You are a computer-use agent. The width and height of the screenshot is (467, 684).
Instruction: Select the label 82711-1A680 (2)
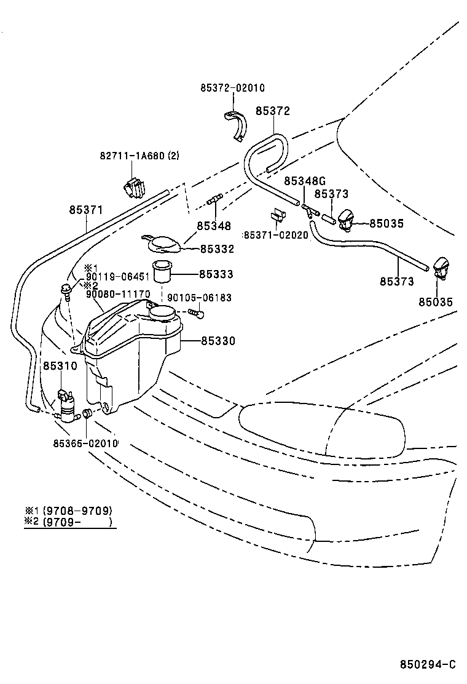139,156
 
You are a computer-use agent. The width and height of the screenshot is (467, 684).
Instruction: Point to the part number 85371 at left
85,210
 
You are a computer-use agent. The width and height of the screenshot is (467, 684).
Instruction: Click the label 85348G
304,181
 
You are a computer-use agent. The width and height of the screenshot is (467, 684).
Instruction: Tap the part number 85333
216,274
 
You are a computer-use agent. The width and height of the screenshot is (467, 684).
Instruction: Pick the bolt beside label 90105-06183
196,313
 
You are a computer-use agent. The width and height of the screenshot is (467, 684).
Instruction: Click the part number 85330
218,341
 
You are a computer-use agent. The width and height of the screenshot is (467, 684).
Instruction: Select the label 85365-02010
85,443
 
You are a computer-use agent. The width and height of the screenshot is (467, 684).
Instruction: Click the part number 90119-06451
117,277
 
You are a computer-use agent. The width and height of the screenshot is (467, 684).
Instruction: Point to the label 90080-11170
117,294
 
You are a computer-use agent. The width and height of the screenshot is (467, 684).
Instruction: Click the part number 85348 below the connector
214,226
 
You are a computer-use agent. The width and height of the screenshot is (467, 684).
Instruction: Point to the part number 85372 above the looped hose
272,111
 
